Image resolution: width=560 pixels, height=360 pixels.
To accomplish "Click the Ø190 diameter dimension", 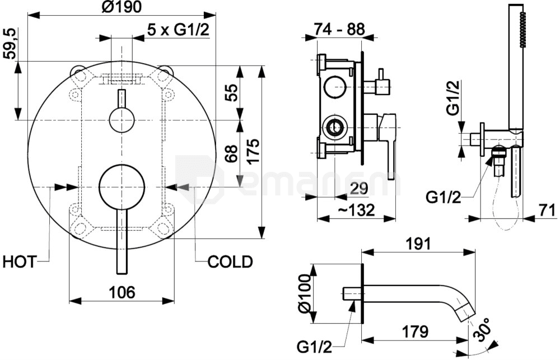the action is pos(122,7).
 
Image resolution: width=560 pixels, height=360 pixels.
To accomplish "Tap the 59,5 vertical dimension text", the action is pos(10,44).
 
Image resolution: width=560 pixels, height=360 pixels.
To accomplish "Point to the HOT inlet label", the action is pos(19,262).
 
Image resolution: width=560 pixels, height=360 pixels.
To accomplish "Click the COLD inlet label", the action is pos(230,262).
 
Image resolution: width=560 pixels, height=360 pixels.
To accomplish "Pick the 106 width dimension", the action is pos(122,292).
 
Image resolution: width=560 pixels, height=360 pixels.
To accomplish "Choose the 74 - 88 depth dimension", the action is pos(339,29).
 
